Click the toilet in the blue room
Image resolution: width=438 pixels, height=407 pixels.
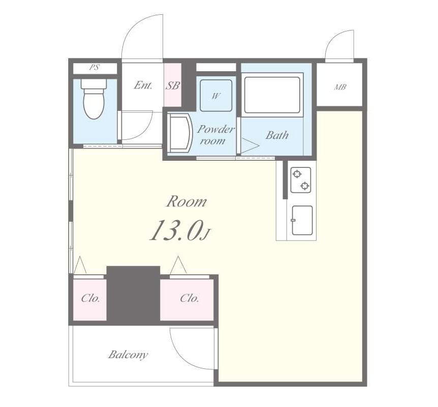(94, 99)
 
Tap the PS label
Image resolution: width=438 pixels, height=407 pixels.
(95, 68)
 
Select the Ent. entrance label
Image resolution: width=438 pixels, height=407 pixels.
(143, 85)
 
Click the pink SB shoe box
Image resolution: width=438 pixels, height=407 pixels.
(173, 85)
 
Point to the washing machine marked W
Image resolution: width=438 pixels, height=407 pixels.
(216, 96)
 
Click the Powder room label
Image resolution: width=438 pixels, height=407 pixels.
(215, 135)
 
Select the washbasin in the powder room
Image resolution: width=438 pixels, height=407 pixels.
(179, 133)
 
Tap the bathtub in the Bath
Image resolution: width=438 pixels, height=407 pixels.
(272, 95)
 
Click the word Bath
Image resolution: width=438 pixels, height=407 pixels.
(277, 135)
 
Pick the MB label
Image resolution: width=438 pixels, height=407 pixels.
(340, 88)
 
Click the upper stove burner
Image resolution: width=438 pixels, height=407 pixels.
(297, 175)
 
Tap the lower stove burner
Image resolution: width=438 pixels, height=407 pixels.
(305, 186)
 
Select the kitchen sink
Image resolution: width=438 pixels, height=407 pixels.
(302, 220)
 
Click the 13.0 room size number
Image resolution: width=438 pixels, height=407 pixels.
(175, 230)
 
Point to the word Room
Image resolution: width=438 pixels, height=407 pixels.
(186, 201)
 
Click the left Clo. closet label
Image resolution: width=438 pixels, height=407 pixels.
(90, 298)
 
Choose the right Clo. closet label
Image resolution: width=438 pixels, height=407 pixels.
(190, 298)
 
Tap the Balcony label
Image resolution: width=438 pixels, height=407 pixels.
(128, 355)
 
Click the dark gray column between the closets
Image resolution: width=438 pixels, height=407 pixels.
(133, 295)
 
